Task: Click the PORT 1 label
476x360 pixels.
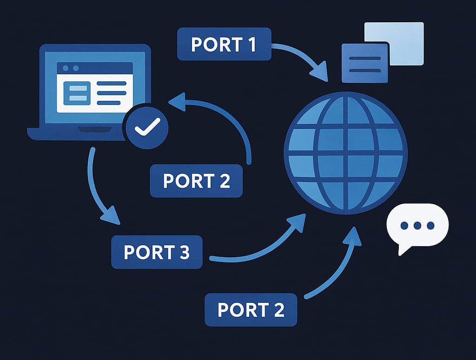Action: pyautogui.click(x=224, y=44)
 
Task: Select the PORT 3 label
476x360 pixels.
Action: pyautogui.click(x=157, y=252)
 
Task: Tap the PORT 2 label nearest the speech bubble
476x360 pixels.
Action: pyautogui.click(x=251, y=309)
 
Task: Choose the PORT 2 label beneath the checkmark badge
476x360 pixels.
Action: pyautogui.click(x=196, y=181)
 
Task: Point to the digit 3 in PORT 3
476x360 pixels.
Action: pyautogui.click(x=184, y=252)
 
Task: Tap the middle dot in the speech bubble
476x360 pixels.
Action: pyautogui.click(x=417, y=226)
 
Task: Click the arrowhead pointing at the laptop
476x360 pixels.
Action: pyautogui.click(x=176, y=101)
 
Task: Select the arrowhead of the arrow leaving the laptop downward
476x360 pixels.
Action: pyautogui.click(x=110, y=215)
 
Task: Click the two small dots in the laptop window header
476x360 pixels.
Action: pyautogui.click(x=70, y=68)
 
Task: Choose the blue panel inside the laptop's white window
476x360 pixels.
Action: pyautogui.click(x=76, y=92)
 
